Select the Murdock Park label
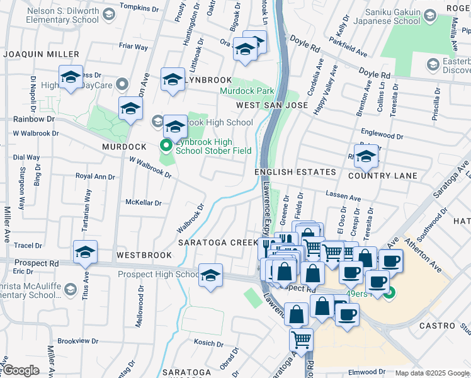pyautogui.click(x=247, y=91)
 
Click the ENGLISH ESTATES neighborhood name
pyautogui.click(x=295, y=172)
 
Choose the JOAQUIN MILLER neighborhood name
pyautogui.click(x=41, y=55)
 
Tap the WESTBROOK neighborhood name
pyautogui.click(x=144, y=255)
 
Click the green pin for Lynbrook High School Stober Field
pyautogui.click(x=166, y=146)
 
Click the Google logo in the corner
pyautogui.click(x=21, y=371)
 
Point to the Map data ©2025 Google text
pyautogui.click(x=432, y=373)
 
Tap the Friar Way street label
pyautogui.click(x=133, y=47)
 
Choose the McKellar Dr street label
pyautogui.click(x=144, y=203)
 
